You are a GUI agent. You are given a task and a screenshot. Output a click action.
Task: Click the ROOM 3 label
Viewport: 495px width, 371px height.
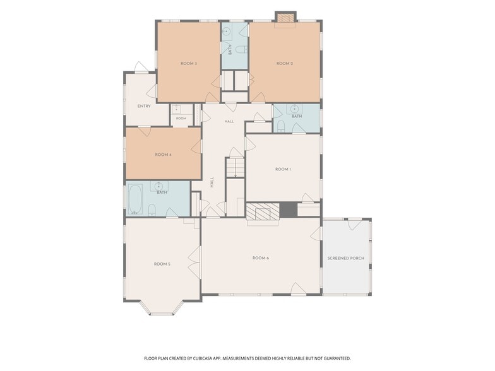coord(189,63)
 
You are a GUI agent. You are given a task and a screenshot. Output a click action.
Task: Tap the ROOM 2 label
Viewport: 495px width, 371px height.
coord(285,63)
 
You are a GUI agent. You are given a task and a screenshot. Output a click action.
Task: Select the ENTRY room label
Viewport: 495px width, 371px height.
coord(144,106)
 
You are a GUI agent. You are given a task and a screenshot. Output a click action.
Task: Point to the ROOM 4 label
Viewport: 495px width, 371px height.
coord(163,155)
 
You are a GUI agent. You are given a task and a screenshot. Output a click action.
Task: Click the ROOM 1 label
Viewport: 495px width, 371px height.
coord(283,169)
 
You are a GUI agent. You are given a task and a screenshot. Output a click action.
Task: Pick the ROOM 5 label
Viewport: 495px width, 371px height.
coord(162,264)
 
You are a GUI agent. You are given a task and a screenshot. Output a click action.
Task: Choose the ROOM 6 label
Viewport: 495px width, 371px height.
coord(260,258)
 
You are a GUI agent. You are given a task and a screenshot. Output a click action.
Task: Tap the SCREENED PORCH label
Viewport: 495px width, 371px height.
coord(346,258)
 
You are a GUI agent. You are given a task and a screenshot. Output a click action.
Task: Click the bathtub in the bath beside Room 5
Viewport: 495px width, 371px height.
coord(136,199)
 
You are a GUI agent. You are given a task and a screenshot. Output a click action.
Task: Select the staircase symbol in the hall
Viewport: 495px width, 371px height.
coord(235,167)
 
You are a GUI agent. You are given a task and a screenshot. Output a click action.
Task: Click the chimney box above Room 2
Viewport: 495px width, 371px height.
coord(285,18)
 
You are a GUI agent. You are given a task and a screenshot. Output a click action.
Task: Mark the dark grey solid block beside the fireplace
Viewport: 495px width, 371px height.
coord(289,209)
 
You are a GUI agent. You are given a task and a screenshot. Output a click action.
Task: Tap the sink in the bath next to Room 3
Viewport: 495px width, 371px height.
coord(226,32)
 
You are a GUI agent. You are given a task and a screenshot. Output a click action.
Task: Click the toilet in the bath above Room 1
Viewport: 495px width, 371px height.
coord(280,127)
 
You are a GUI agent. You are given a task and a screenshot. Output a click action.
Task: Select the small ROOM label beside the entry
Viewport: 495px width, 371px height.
coord(181,119)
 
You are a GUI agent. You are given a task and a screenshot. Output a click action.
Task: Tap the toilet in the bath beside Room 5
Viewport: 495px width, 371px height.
coord(152,209)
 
